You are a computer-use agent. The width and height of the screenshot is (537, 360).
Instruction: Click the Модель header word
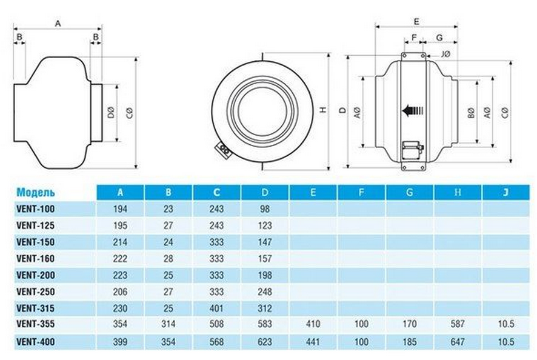click(x=36, y=192)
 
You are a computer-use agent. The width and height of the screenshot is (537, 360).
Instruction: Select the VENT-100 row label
click(x=35, y=209)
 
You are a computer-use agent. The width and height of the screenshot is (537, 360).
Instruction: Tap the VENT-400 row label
click(x=35, y=341)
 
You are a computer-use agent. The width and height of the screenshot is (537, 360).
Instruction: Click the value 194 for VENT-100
click(x=120, y=209)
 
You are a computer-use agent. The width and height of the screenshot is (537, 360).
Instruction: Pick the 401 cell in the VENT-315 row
click(x=216, y=308)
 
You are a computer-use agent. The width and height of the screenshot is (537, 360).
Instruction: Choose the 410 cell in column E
click(x=313, y=324)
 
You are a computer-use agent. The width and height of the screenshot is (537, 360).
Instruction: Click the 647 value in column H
click(x=458, y=341)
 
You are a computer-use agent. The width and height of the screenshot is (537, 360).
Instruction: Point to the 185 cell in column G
click(x=410, y=341)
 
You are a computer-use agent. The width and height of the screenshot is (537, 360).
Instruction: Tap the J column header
click(x=506, y=193)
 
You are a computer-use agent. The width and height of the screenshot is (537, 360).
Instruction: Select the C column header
click(x=216, y=193)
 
